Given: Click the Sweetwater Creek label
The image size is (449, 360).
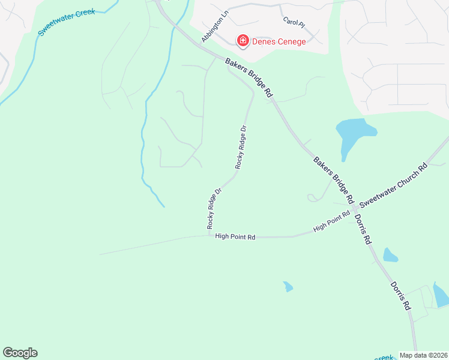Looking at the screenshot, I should click(x=66, y=22).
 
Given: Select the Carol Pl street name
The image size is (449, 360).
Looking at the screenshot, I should click(x=294, y=21).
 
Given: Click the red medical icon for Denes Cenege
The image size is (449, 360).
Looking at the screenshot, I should click(x=243, y=41).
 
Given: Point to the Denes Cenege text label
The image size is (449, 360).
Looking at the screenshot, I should click(x=279, y=41).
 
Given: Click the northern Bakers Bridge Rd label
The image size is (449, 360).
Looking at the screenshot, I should click(x=249, y=78).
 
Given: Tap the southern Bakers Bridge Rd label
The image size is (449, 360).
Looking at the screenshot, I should click(x=333, y=179).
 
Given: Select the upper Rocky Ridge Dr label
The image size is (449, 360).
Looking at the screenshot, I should click(x=241, y=147).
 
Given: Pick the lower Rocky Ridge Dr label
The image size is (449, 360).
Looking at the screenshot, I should click(x=214, y=208).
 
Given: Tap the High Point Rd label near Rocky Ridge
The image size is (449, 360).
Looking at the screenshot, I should click(x=235, y=237).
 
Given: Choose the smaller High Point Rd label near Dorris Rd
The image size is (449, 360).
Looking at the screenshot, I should click(x=331, y=222).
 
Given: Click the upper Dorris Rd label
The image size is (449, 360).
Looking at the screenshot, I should click(x=363, y=229).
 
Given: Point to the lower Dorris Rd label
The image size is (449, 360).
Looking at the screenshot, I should click(x=400, y=296).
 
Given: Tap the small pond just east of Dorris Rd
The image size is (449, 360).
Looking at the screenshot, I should click(x=390, y=255).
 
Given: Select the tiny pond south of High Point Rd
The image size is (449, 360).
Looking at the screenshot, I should click(x=288, y=286).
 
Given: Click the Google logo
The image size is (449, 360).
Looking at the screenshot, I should click(x=20, y=353).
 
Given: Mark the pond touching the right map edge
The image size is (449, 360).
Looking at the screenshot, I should click(x=441, y=295).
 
